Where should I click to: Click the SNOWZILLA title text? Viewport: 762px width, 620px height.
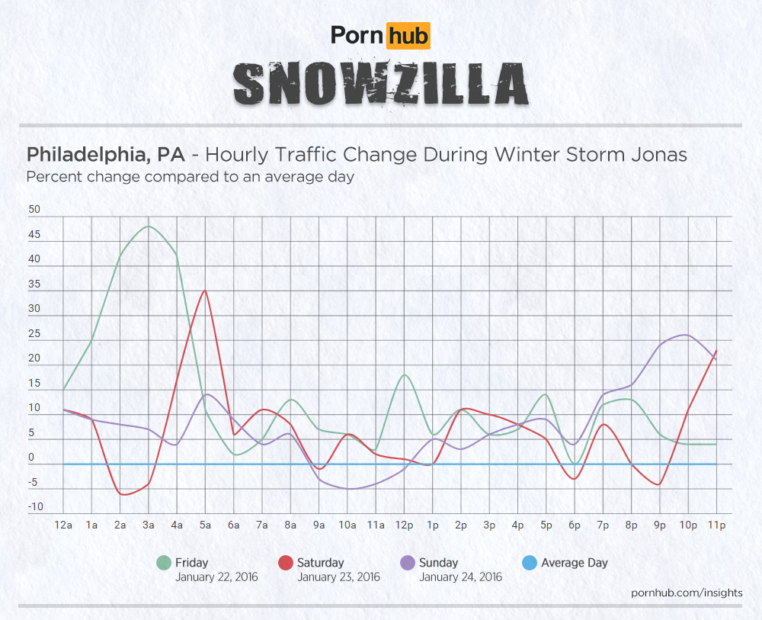(380, 83)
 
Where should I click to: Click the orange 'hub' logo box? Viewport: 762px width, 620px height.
(408, 35)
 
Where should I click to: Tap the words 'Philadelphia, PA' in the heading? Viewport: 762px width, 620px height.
(105, 155)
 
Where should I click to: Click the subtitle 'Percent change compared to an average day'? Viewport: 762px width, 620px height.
(190, 177)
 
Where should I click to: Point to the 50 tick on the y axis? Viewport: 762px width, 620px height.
(34, 210)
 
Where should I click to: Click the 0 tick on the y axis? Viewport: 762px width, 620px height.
(32, 458)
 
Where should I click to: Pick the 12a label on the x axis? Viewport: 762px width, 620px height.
(63, 525)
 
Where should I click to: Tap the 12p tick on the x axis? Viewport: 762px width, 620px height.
(404, 525)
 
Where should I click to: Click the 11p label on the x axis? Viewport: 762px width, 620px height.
(716, 525)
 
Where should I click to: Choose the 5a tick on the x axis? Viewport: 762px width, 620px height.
(205, 525)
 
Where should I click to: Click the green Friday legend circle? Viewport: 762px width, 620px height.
(163, 564)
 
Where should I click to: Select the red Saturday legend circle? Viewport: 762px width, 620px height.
(285, 564)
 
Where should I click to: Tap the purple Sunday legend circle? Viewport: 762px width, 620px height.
(407, 564)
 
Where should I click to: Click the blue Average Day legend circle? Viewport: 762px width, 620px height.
(529, 564)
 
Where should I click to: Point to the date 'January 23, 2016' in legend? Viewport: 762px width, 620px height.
(338, 577)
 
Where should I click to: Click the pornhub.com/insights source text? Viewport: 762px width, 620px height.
(687, 593)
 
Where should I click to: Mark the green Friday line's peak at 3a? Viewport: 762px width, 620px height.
(149, 226)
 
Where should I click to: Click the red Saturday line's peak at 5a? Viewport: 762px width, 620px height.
(204, 290)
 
